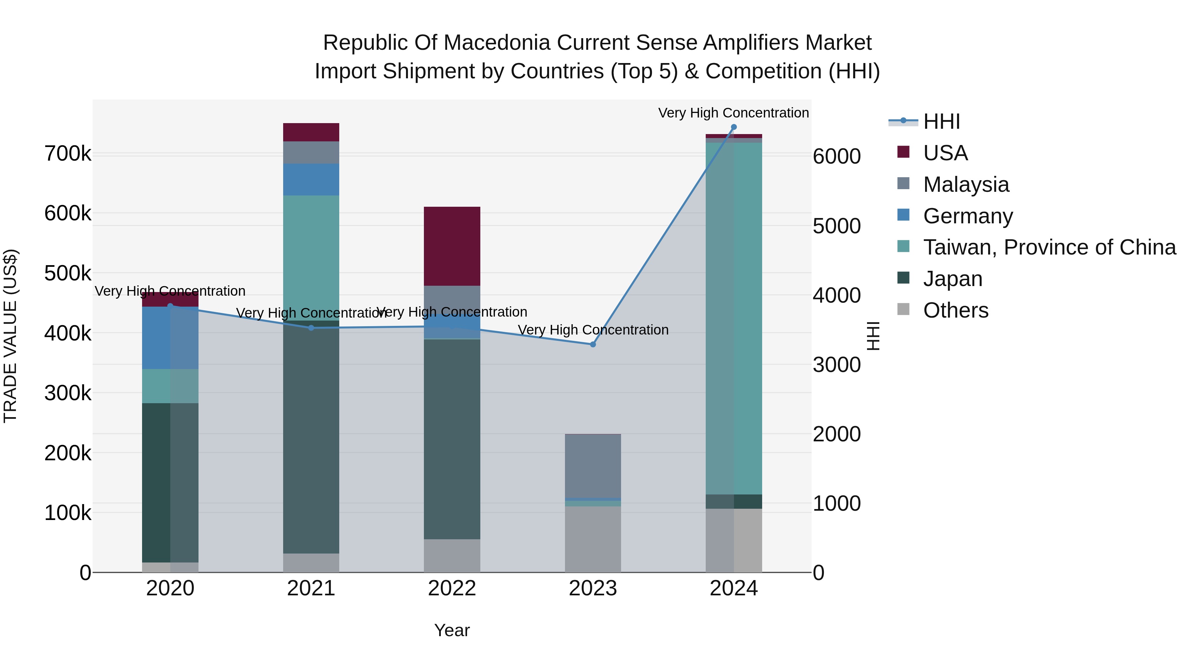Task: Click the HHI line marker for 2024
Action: click(733, 127)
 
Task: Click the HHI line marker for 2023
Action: click(593, 344)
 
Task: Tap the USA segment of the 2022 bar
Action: click(452, 246)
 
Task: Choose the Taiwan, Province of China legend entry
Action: click(1049, 247)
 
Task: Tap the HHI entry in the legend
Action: click(941, 121)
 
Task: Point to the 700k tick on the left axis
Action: click(68, 154)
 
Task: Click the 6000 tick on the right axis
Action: click(836, 157)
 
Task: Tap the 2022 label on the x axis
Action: click(452, 588)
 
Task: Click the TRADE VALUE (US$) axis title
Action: click(10, 336)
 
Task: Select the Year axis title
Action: click(452, 630)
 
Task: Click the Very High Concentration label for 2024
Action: click(733, 113)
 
